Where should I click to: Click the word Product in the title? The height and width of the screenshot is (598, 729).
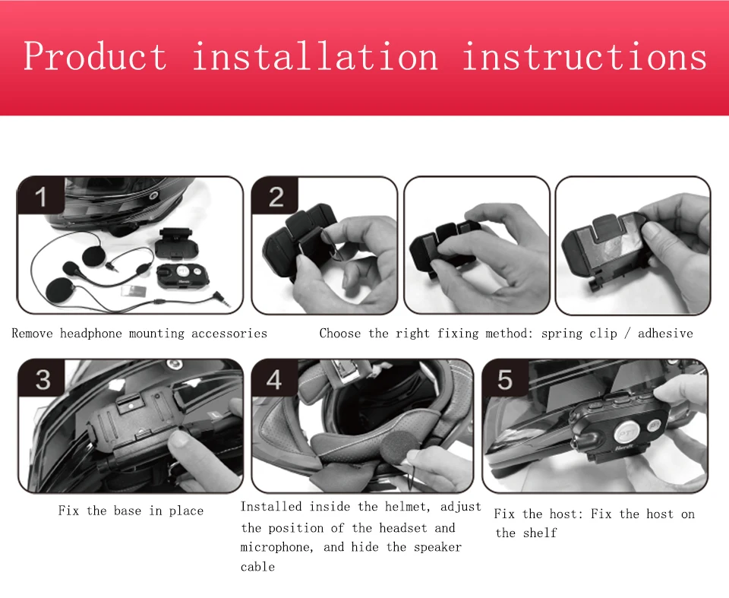[96, 56]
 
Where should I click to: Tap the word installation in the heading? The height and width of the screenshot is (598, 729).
[314, 56]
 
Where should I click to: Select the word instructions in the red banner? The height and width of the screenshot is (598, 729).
[585, 56]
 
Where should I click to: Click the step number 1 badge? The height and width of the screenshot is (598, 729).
[41, 196]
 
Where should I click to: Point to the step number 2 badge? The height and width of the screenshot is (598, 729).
[276, 196]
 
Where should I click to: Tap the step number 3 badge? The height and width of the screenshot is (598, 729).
[43, 379]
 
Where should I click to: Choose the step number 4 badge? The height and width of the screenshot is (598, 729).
[274, 379]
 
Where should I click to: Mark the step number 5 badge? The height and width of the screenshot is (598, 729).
[505, 379]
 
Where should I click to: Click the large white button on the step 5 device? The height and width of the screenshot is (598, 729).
[624, 433]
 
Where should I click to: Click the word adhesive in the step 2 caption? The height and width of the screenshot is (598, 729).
[665, 334]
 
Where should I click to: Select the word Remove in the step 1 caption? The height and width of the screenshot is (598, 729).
[32, 334]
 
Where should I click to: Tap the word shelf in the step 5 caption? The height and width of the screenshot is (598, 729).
[540, 533]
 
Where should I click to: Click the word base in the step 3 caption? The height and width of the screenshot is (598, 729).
[128, 511]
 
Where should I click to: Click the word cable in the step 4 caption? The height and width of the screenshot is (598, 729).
[257, 567]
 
